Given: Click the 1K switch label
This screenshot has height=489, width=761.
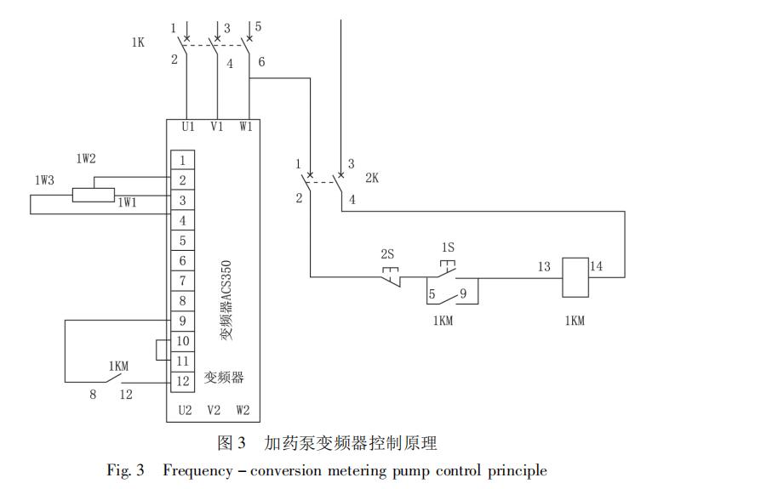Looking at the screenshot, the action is pyautogui.click(x=138, y=43).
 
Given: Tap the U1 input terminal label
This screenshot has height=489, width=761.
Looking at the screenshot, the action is pyautogui.click(x=188, y=127).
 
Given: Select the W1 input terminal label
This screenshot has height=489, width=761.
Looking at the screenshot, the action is pyautogui.click(x=245, y=127).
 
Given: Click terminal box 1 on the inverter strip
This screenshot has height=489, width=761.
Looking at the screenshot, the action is pyautogui.click(x=182, y=160).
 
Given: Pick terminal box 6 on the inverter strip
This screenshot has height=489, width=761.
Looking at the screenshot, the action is pyautogui.click(x=182, y=260).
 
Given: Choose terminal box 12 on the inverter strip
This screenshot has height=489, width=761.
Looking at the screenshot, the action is pyautogui.click(x=182, y=381).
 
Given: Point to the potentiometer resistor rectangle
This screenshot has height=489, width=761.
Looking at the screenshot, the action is pyautogui.click(x=94, y=195).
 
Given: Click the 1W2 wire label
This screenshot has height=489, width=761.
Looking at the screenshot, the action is pyautogui.click(x=86, y=158).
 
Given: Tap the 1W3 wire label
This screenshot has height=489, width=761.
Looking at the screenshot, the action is pyautogui.click(x=44, y=180).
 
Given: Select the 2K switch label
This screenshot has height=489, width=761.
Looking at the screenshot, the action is pyautogui.click(x=372, y=178).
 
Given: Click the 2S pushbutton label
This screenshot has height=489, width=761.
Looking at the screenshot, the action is pyautogui.click(x=386, y=254).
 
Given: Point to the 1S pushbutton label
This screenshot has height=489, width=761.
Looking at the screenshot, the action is pyautogui.click(x=448, y=247).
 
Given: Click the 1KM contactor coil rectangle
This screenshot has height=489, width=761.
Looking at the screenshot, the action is pyautogui.click(x=575, y=277).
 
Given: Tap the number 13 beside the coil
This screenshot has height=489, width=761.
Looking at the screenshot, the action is pyautogui.click(x=544, y=266).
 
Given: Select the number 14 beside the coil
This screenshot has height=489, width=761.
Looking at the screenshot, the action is pyautogui.click(x=597, y=266).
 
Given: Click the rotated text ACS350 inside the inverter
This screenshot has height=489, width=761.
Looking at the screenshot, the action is pyautogui.click(x=226, y=281).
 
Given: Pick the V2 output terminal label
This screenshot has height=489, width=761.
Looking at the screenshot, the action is pyautogui.click(x=214, y=410).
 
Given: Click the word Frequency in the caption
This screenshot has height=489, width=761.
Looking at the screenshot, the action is pyautogui.click(x=197, y=470).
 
